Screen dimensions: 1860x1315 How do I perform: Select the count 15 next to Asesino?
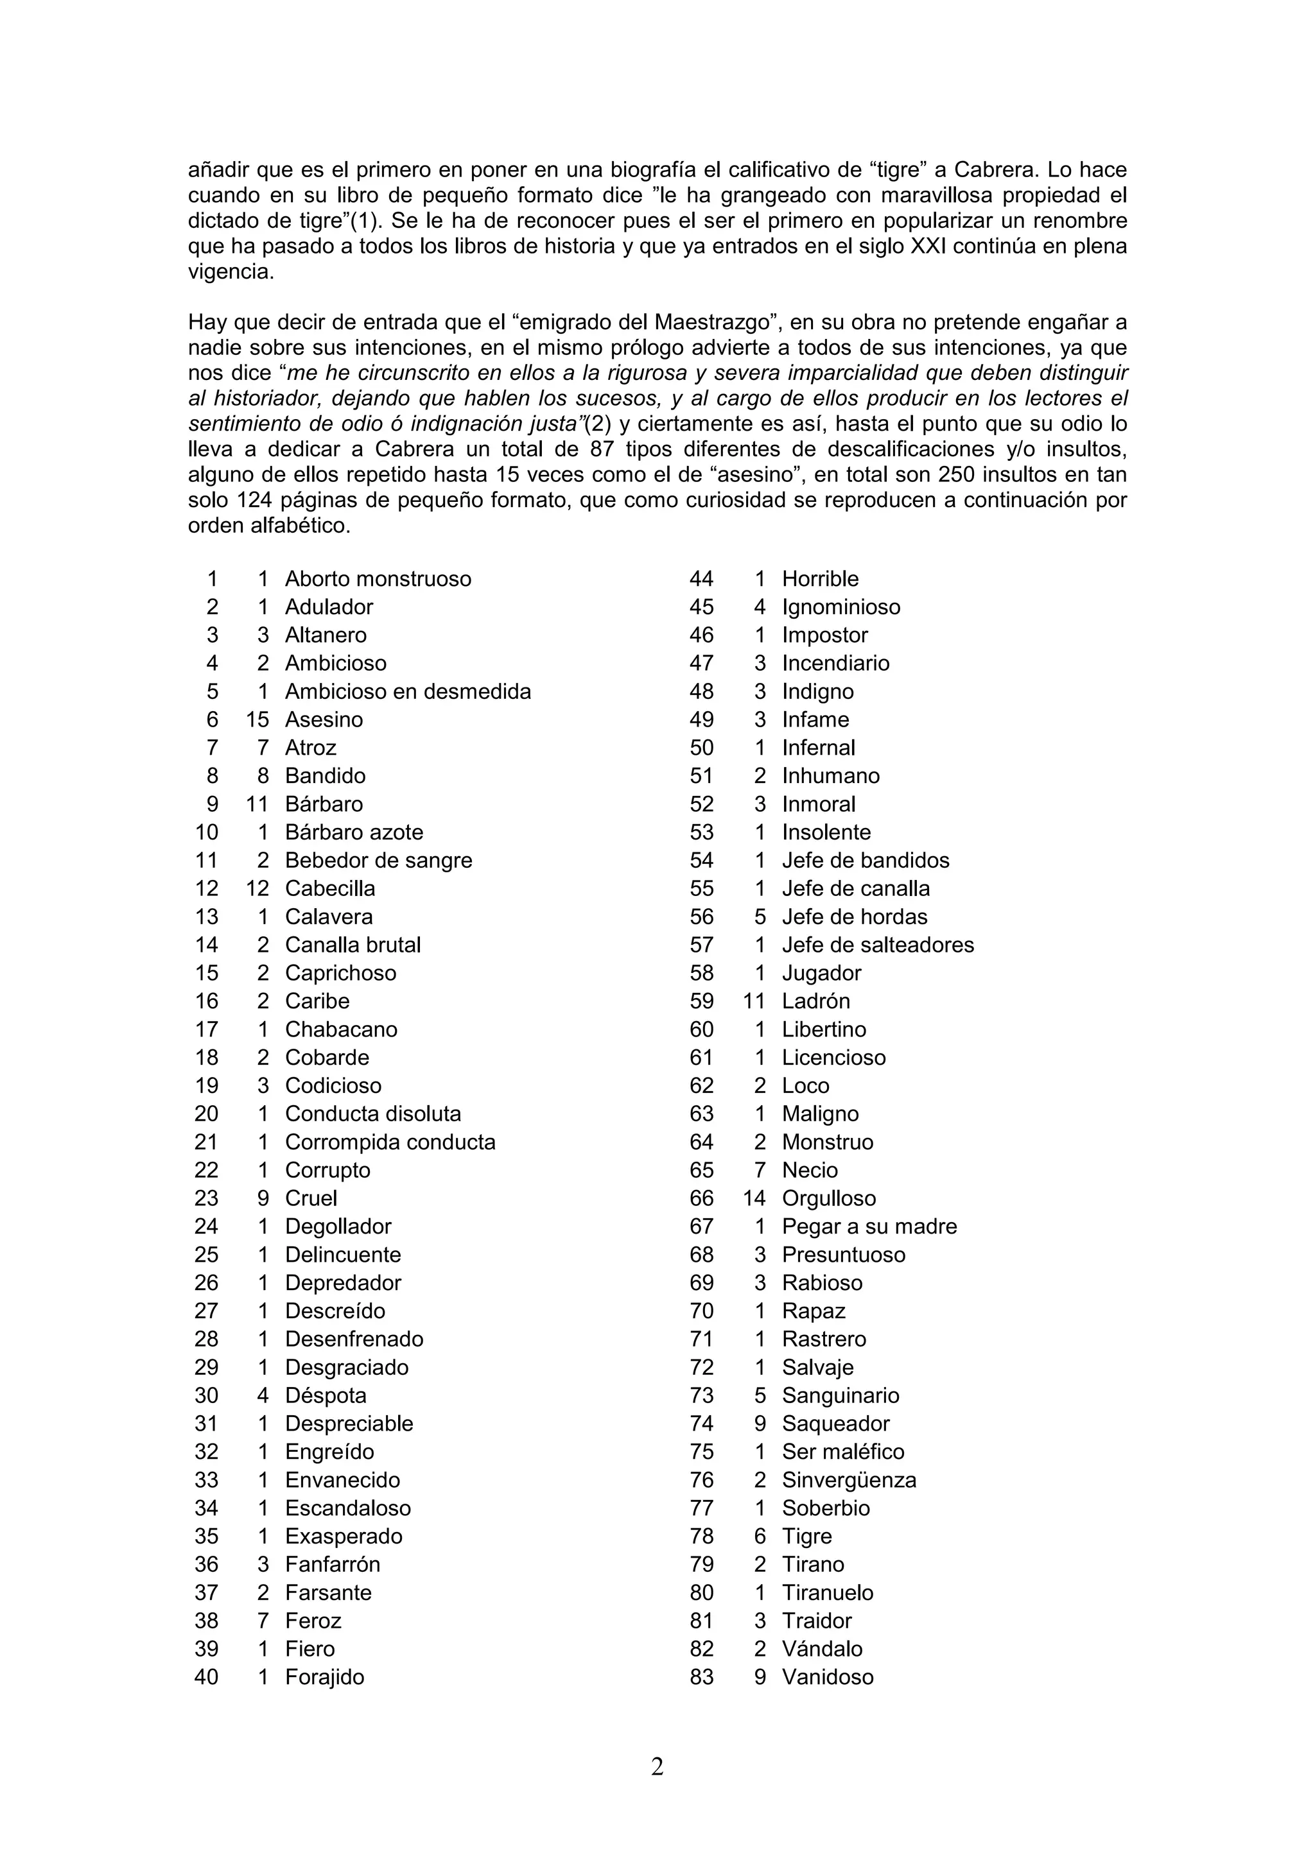257,719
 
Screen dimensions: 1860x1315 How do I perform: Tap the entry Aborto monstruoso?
378,578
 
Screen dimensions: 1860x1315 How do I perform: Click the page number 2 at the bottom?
657,1766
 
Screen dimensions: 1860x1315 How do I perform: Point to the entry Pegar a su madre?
869,1226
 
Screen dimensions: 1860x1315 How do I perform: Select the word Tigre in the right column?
806,1535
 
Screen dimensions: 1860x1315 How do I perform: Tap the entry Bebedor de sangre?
378,859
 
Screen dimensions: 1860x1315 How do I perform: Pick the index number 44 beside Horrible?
702,578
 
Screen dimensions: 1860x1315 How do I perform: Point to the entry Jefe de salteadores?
878,945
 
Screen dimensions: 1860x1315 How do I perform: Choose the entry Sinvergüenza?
848,1479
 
